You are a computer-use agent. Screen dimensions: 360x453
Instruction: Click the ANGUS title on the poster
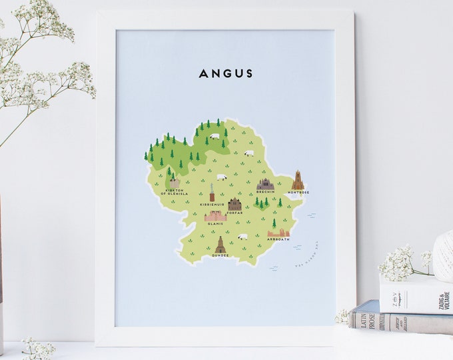pyautogui.click(x=226, y=73)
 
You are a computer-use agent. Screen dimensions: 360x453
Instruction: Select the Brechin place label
pyautogui.click(x=265, y=193)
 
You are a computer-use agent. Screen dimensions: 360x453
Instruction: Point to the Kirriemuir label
pyautogui.click(x=211, y=204)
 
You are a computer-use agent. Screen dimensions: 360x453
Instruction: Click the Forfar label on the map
pyautogui.click(x=235, y=213)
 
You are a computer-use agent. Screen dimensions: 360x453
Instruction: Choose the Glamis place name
pyautogui.click(x=215, y=224)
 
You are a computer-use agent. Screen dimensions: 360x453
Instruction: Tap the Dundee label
pyautogui.click(x=221, y=256)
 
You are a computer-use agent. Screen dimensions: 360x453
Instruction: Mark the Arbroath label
pyautogui.click(x=278, y=239)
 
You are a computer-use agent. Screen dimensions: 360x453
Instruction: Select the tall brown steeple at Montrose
pyautogui.click(x=297, y=180)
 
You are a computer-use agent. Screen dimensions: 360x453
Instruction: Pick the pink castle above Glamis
pyautogui.click(x=215, y=215)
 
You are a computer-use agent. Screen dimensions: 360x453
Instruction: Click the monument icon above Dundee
pyautogui.click(x=221, y=245)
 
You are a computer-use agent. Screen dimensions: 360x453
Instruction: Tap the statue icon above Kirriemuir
pyautogui.click(x=212, y=193)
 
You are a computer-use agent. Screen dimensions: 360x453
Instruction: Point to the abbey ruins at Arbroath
pyautogui.click(x=278, y=232)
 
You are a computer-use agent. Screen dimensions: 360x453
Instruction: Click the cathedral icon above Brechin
pyautogui.click(x=265, y=184)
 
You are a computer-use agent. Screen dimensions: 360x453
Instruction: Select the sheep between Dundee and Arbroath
pyautogui.click(x=242, y=236)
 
